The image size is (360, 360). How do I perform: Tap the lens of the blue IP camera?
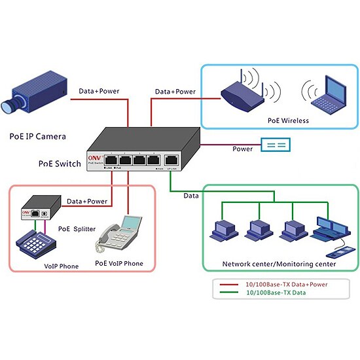point(10,103)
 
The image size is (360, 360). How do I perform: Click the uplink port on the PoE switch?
point(172,159)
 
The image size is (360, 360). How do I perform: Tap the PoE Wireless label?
point(288,120)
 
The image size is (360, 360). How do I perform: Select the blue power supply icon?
point(275,145)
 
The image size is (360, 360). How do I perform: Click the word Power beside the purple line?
point(242,149)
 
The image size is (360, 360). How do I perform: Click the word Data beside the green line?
point(192,195)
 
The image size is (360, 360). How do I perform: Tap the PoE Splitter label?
point(75,229)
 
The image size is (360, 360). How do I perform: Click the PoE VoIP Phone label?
point(119,263)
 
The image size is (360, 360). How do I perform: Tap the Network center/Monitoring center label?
point(279,264)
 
